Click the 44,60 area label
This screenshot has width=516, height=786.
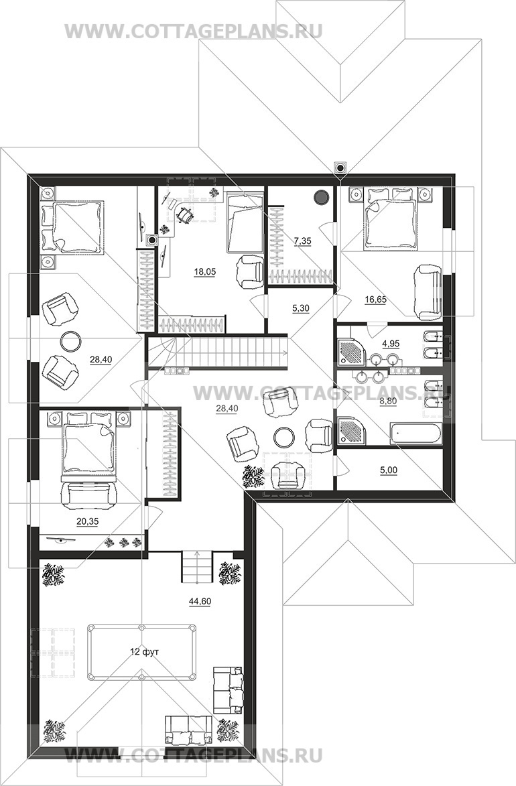[200, 602]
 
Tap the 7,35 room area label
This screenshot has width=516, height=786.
[302, 241]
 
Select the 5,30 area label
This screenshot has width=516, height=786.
[300, 308]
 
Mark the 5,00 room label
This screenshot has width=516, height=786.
[389, 470]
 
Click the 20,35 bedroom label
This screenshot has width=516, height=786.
[87, 521]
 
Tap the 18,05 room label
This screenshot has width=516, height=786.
[204, 271]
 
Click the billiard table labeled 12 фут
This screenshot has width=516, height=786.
[141, 652]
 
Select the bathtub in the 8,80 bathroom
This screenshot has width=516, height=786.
[415, 434]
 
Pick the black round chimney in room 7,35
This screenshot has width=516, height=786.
[320, 198]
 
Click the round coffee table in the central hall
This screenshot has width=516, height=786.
[284, 437]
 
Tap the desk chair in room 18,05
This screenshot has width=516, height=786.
[184, 214]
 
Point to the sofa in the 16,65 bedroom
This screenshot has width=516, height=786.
[428, 292]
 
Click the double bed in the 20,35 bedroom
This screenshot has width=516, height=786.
[88, 443]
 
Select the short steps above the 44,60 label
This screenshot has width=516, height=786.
[197, 567]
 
